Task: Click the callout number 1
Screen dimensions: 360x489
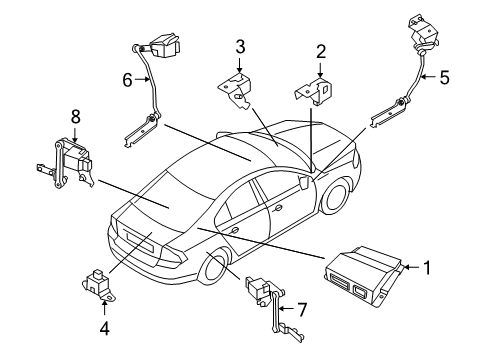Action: [x=426, y=267]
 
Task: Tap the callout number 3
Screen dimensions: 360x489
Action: [x=240, y=46]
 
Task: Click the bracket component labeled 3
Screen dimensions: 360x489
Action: [x=237, y=86]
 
